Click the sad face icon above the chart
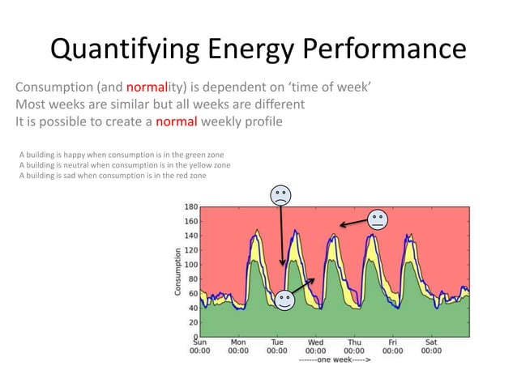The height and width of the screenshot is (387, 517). click(x=280, y=195)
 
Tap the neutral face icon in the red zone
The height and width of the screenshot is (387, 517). click(x=377, y=219)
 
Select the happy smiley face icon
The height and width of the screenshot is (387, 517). click(x=284, y=300)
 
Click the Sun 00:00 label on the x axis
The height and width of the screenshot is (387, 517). click(x=199, y=347)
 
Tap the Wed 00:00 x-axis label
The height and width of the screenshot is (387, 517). click(x=315, y=347)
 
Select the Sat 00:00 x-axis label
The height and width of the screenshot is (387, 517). click(x=431, y=347)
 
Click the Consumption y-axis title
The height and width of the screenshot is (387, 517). click(x=176, y=270)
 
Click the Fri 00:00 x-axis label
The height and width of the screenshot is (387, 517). click(x=393, y=347)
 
